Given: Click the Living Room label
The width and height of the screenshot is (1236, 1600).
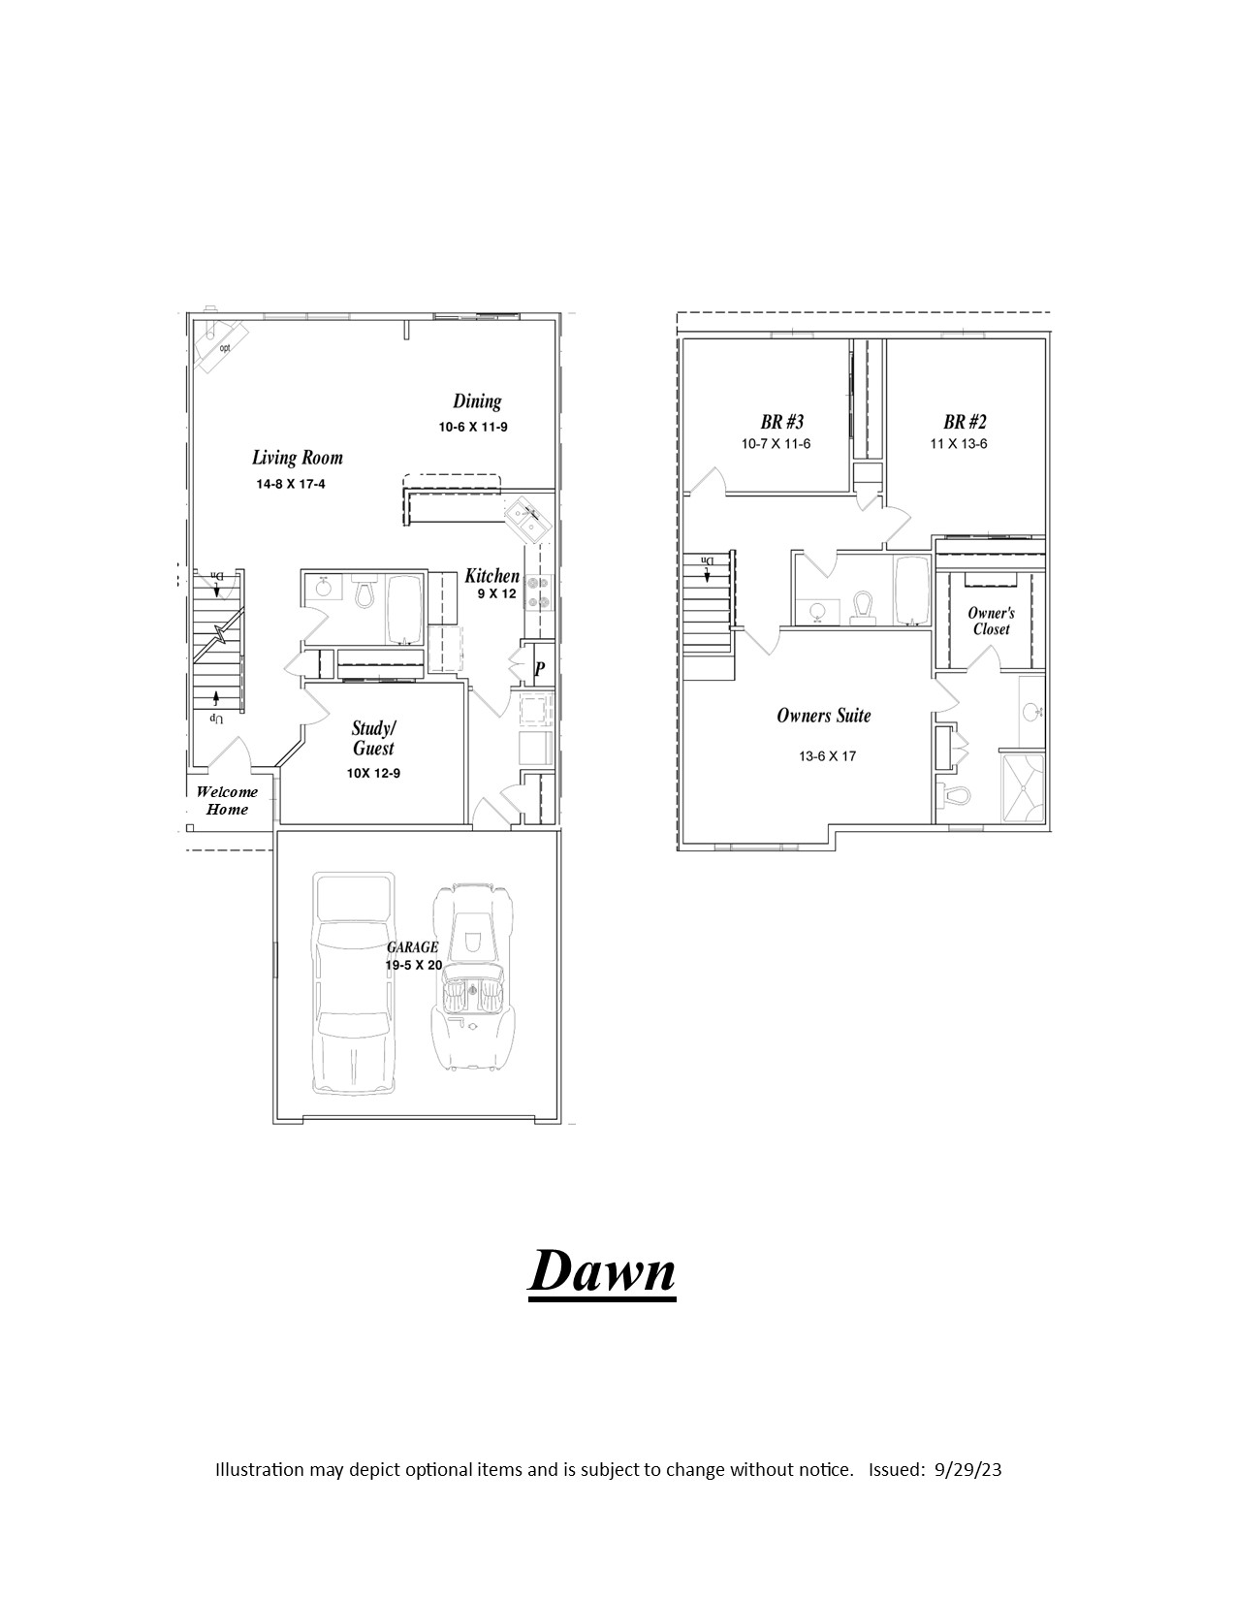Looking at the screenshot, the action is [298, 458].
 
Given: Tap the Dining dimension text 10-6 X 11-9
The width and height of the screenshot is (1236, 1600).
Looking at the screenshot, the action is [473, 427].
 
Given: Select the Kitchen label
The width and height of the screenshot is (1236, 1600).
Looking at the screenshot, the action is [491, 576].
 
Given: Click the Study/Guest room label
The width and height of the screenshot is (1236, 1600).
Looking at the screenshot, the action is [374, 739].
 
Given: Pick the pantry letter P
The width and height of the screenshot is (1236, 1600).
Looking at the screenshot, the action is [540, 669].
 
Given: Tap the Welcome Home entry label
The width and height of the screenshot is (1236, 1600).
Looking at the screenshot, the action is [227, 800].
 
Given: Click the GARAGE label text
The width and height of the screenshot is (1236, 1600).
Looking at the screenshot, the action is [412, 947].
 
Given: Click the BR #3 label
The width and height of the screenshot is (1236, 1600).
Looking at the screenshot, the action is [782, 422].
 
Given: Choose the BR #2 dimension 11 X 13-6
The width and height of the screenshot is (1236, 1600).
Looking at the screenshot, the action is [959, 444].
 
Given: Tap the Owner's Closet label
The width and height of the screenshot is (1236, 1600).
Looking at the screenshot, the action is [992, 621].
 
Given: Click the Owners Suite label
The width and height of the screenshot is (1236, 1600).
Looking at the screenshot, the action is [824, 716].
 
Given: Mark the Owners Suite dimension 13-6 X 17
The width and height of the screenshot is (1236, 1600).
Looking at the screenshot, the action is [828, 756].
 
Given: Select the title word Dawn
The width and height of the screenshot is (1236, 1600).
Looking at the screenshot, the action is [602, 1271].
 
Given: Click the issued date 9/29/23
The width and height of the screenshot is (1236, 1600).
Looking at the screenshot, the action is [968, 1470].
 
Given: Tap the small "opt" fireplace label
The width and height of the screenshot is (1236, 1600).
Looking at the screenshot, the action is [225, 347].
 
